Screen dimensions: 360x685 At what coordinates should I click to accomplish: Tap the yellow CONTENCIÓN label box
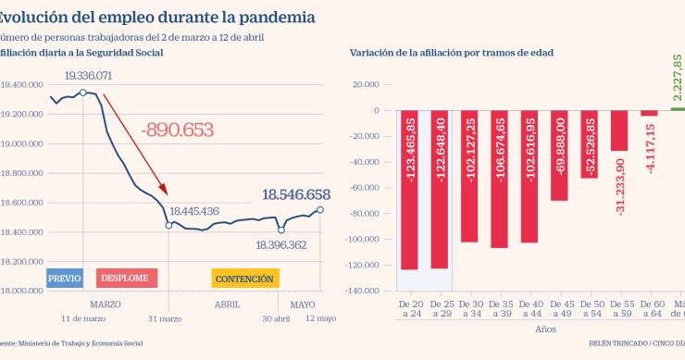click(244, 278)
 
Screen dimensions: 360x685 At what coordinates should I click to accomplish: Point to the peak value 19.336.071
click(88, 75)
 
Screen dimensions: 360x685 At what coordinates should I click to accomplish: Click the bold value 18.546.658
click(296, 194)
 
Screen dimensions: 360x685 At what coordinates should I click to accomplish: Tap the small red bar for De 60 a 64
click(649, 113)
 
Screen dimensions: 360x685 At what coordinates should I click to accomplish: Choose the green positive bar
click(678, 108)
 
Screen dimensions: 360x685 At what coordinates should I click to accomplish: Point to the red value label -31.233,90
click(619, 188)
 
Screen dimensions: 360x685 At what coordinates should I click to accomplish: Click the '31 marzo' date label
click(168, 320)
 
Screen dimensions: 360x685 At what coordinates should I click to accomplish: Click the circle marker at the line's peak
click(83, 93)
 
